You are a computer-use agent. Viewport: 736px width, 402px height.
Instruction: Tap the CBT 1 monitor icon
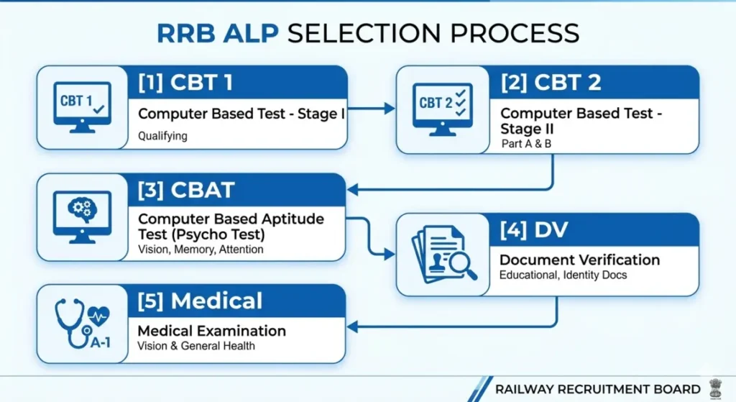82,106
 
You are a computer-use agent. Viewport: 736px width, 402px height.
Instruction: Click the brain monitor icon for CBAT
82,214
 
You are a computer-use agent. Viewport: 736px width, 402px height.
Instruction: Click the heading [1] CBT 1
185,83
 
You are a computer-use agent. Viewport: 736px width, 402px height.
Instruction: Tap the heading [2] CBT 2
551,83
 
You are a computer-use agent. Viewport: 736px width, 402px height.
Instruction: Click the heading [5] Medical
201,301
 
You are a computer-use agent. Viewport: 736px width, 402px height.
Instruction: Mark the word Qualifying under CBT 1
162,135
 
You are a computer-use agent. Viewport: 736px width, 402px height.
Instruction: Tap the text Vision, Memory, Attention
201,250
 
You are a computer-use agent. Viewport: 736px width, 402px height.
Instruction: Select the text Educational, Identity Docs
563,275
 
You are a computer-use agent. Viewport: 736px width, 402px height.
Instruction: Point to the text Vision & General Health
196,345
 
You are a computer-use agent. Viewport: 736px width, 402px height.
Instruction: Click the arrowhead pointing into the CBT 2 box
390,109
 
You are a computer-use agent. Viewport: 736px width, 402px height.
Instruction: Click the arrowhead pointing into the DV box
390,255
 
